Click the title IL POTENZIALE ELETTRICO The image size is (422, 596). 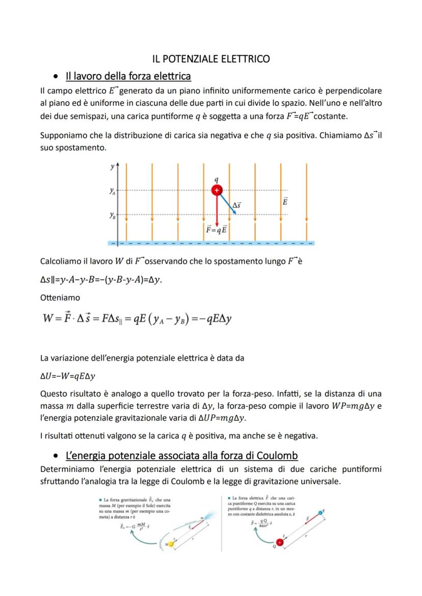pos(212,59)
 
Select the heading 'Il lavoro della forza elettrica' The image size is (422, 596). pos(128,76)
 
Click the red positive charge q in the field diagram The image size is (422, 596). pos(217,190)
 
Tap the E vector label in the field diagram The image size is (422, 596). pos(285,202)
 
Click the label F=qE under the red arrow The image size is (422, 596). pos(217,230)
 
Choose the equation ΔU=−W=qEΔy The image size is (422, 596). pos(68,376)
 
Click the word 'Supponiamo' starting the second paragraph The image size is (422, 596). pos(63,136)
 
